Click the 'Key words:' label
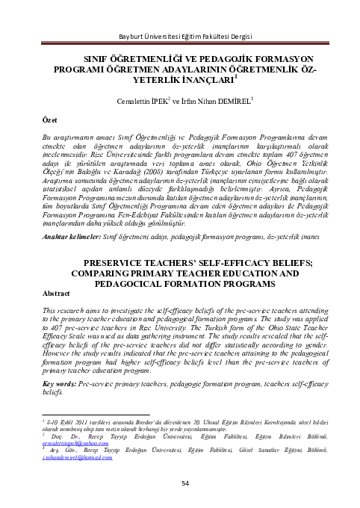point(63,382)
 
